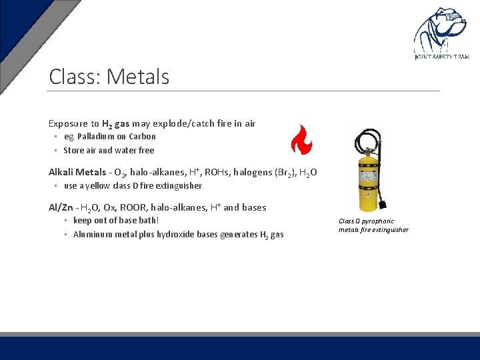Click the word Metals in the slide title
coord(138,77)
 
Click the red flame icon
coord(301,139)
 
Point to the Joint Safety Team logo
coord(441,34)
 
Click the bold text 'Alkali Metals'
coord(77,172)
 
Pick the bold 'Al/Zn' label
coord(61,207)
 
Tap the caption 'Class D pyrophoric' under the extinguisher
coord(366,221)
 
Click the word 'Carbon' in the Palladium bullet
coord(143,137)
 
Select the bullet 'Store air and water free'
coord(109,150)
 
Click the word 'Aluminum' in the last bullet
coord(93,234)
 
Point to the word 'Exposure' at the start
coord(67,123)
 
